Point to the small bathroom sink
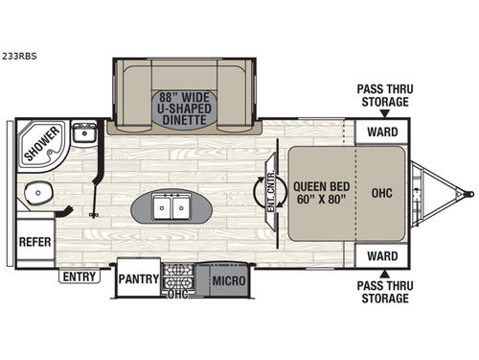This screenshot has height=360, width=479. click(83, 132)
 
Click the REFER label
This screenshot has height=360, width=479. click(35, 243)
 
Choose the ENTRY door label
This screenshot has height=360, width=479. click(79, 276)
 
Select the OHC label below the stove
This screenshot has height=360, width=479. click(178, 295)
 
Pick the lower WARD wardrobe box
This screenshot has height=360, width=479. click(382, 256)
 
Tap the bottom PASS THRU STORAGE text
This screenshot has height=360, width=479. click(383, 293)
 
